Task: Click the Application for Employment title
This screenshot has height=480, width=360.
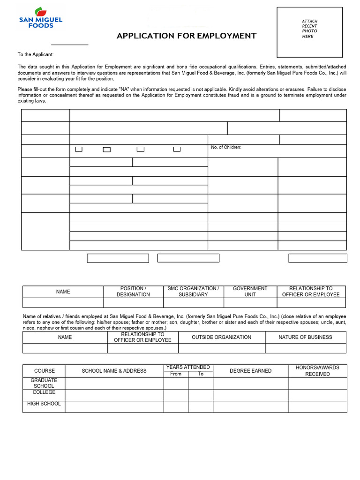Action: (x=187, y=36)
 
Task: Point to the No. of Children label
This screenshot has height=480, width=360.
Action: (x=226, y=148)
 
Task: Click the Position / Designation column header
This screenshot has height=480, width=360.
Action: (x=133, y=292)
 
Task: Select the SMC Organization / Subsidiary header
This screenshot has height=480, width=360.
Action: (x=193, y=292)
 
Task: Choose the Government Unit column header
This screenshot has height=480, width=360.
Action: (x=250, y=292)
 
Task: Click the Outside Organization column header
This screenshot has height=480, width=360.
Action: (x=221, y=337)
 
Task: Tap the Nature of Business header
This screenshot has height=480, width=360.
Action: (x=306, y=337)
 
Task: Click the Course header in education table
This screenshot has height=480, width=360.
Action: (x=44, y=371)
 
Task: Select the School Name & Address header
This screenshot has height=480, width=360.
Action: (x=114, y=371)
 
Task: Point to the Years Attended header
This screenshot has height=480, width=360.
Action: (x=188, y=367)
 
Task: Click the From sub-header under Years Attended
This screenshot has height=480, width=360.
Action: (x=176, y=374)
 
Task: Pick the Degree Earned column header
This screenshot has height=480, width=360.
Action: (x=250, y=371)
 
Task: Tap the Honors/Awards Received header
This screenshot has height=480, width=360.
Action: (x=317, y=371)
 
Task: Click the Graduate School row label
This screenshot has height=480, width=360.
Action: (x=44, y=383)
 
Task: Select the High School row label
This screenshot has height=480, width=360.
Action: (x=44, y=404)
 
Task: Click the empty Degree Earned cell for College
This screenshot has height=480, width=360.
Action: (x=250, y=395)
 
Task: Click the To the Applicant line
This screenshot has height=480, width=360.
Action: (x=36, y=55)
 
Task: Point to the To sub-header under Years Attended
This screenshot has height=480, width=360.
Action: (x=201, y=374)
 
